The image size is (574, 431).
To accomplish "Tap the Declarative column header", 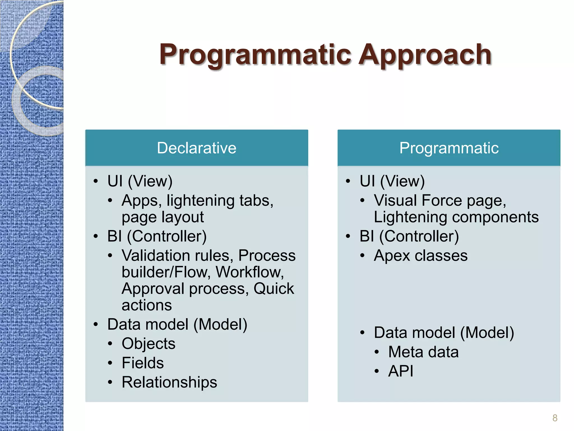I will click(196, 148).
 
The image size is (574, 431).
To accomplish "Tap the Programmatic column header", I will click(449, 148).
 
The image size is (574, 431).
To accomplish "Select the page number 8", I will click(555, 418).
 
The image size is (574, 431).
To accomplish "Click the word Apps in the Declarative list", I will click(142, 201).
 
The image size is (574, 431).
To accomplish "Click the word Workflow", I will click(249, 272).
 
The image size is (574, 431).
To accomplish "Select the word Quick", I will click(274, 289).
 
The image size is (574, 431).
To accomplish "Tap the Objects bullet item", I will click(148, 344).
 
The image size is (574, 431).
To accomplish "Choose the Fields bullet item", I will click(142, 363).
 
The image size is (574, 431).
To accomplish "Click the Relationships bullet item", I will click(169, 382).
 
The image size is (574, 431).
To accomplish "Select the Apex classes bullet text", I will click(420, 256).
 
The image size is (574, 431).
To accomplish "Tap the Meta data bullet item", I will click(423, 352).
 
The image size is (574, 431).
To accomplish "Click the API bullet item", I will click(401, 371).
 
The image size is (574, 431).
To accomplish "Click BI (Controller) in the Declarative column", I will click(157, 236).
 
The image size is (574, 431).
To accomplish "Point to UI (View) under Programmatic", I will click(392, 181).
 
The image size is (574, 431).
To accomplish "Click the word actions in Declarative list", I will click(147, 305).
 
